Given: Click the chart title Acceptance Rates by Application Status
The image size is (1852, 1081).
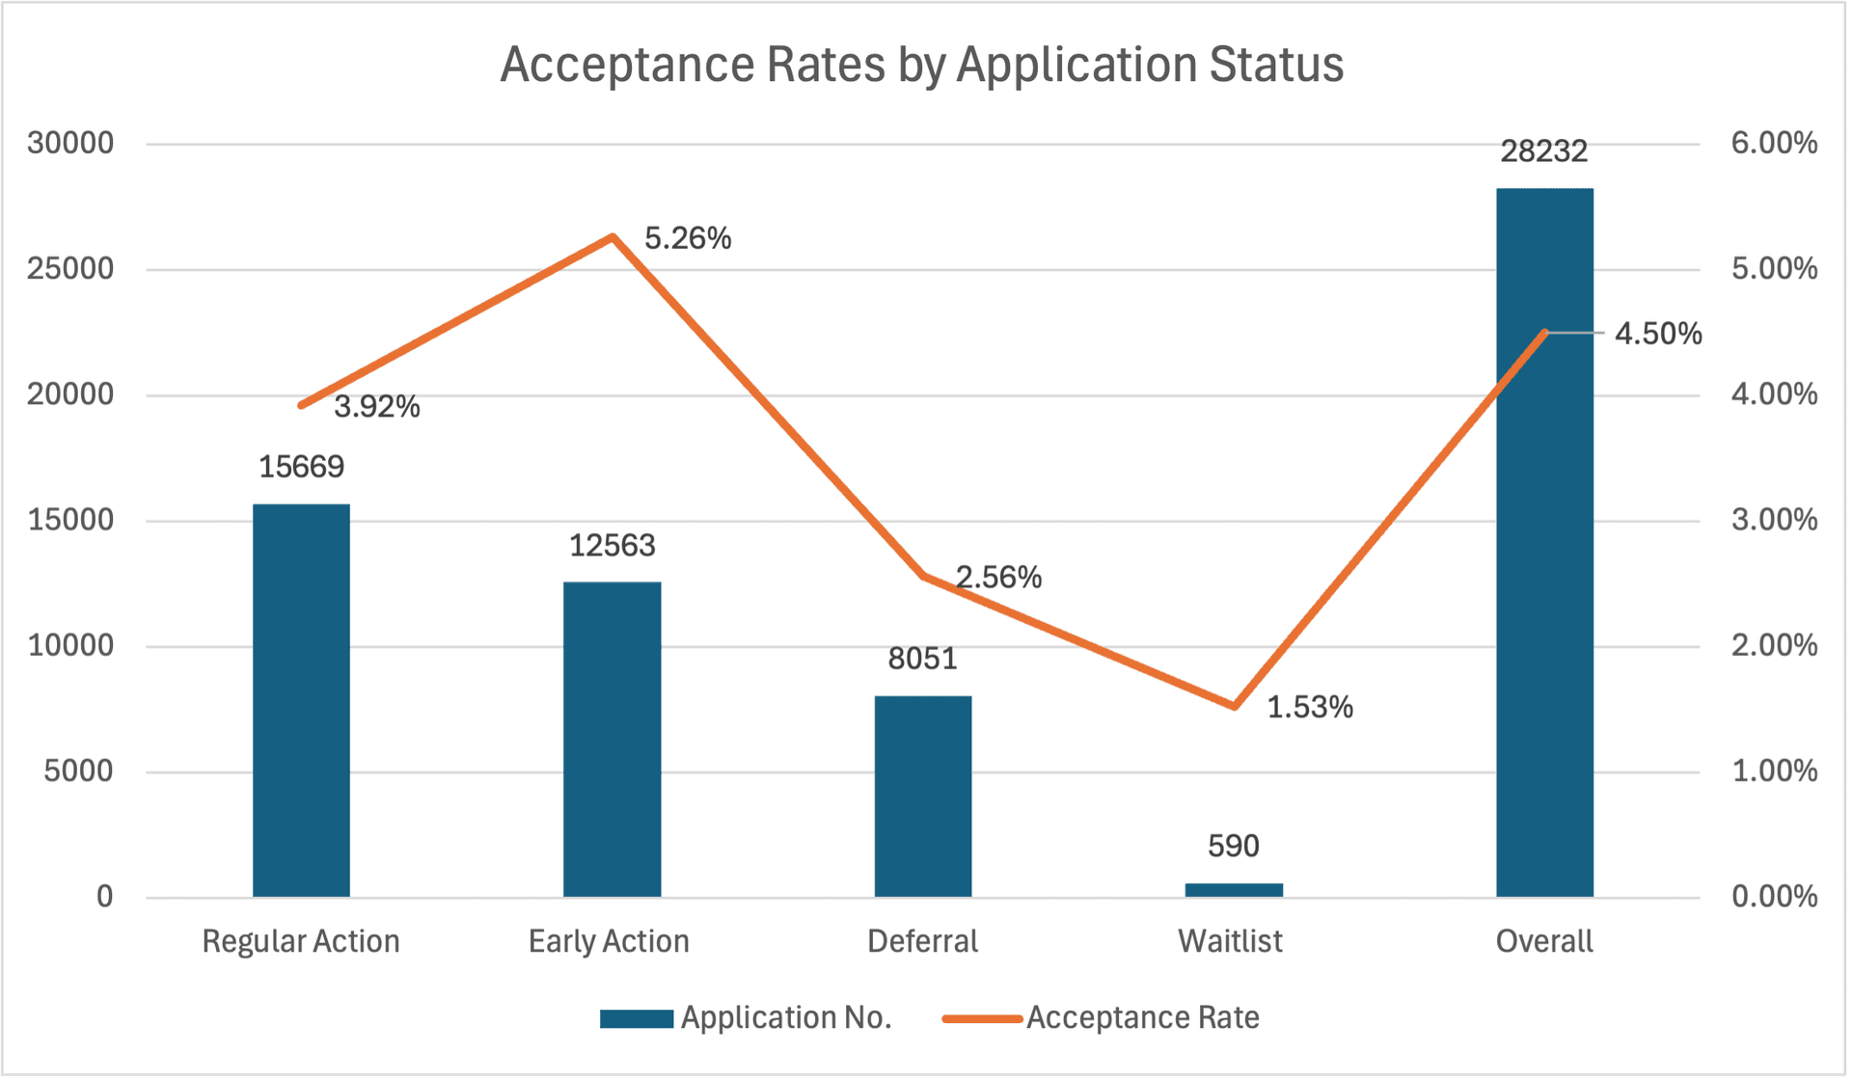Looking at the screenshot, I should pyautogui.click(x=921, y=66).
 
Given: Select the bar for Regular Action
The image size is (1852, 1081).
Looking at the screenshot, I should pyautogui.click(x=301, y=700).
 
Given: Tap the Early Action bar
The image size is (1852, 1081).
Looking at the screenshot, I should pyautogui.click(x=612, y=739).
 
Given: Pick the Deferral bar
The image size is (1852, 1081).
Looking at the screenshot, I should pyautogui.click(x=922, y=796).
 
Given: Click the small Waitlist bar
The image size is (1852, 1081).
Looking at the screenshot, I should pyautogui.click(x=1233, y=889).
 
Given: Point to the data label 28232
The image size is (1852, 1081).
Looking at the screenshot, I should pyautogui.click(x=1543, y=151).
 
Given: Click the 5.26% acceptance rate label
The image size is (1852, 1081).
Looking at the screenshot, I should pyautogui.click(x=688, y=238).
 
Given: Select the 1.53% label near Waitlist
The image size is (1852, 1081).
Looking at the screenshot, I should pyautogui.click(x=1309, y=708).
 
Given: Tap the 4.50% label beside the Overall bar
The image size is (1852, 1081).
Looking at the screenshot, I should pyautogui.click(x=1657, y=334).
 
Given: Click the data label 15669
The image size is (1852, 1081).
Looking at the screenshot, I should pyautogui.click(x=301, y=467).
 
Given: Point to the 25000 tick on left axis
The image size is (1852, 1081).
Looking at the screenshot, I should pyautogui.click(x=70, y=269).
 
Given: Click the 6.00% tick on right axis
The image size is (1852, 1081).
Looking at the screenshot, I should pyautogui.click(x=1773, y=144).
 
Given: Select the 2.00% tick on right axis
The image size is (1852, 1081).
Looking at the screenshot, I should pyautogui.click(x=1773, y=645).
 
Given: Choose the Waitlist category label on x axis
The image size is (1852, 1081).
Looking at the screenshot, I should pyautogui.click(x=1230, y=941).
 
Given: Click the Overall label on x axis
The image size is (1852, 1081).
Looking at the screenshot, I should pyautogui.click(x=1543, y=941).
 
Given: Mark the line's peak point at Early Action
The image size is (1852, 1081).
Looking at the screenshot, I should pyautogui.click(x=612, y=236).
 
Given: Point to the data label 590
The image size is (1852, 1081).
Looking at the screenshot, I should pyautogui.click(x=1233, y=847).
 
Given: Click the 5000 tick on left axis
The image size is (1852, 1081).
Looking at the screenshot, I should pyautogui.click(x=78, y=771).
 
